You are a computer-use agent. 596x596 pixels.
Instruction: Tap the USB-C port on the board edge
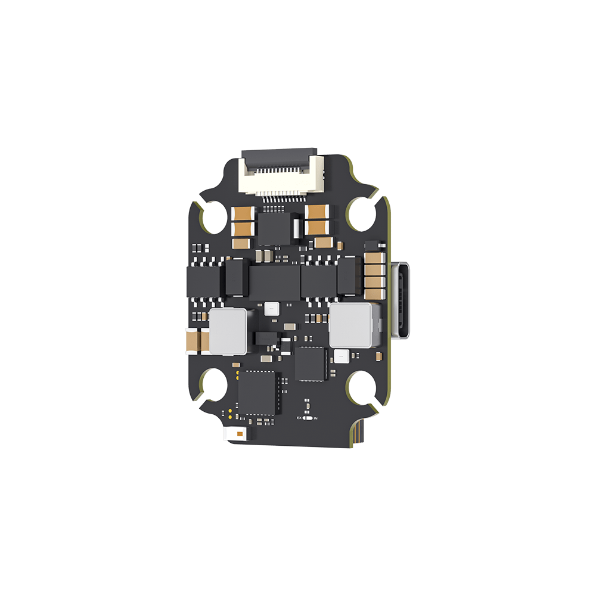(401, 300)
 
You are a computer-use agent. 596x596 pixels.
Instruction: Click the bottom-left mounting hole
(213, 386)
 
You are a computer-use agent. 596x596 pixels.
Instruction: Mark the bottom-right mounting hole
(363, 387)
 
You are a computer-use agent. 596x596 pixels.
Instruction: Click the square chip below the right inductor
(311, 364)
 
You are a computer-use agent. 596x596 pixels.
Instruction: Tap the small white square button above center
(271, 308)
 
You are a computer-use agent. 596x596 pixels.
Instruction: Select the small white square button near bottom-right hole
(341, 356)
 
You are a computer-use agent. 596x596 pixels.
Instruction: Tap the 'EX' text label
(300, 418)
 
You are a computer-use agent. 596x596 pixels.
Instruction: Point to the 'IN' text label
(315, 419)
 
